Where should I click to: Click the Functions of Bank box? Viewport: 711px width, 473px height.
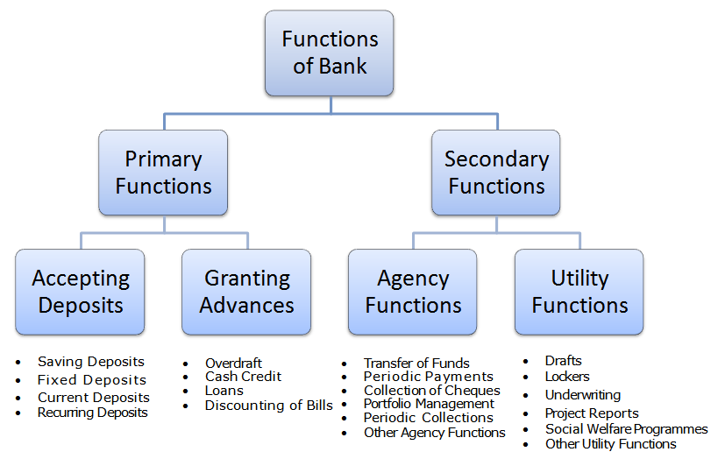pos(330,53)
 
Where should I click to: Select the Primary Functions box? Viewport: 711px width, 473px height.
pos(163,173)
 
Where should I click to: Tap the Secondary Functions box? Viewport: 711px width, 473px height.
pos(496,173)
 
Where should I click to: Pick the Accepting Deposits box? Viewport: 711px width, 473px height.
pos(81,292)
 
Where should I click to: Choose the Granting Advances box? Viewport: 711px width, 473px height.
pos(246,292)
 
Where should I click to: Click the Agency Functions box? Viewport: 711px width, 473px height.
pos(413,292)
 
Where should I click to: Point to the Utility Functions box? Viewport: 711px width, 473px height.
pos(579,292)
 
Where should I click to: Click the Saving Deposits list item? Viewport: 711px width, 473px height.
pos(91,362)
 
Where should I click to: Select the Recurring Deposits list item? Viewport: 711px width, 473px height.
pos(93,413)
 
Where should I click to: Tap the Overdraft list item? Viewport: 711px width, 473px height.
pos(233,363)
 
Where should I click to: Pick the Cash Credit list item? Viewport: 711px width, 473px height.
pos(243,376)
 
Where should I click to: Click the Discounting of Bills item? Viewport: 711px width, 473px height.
pos(269,405)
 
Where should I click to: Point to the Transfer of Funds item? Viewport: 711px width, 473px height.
pos(416,363)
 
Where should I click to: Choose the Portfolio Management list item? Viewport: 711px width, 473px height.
pos(429,403)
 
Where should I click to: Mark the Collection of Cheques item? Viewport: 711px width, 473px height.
pos(432,390)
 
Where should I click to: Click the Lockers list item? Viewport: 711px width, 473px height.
pos(567,376)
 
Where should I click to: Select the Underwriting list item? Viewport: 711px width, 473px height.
pos(583,395)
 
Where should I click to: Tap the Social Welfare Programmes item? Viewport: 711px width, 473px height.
pos(626,428)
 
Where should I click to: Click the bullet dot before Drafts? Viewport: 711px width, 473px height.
pos(525,361)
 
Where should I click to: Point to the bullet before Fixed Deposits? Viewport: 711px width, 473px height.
pos(18,380)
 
